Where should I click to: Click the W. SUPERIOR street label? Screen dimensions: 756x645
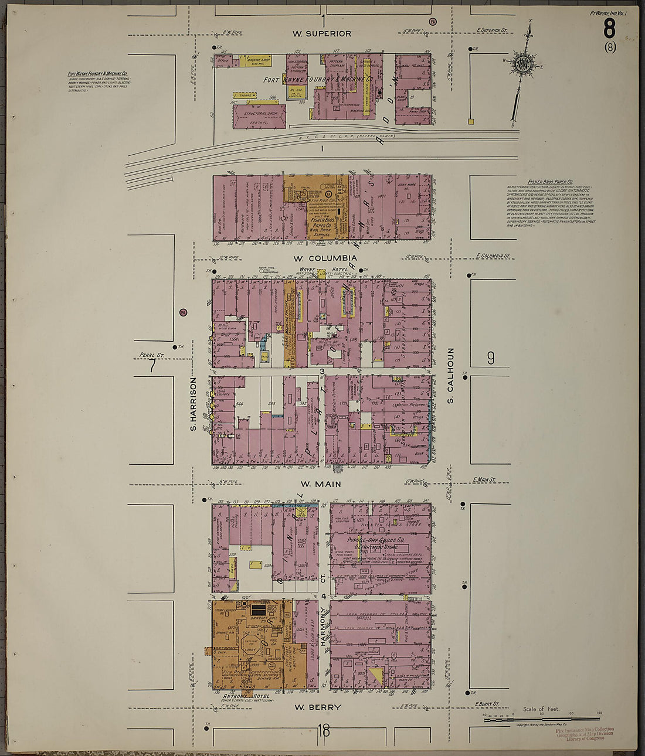pyautogui.click(x=322, y=34)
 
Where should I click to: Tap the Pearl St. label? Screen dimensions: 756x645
pyautogui.click(x=151, y=355)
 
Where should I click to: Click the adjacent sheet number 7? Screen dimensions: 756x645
pyautogui.click(x=152, y=367)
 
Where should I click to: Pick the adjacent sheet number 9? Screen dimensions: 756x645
pyautogui.click(x=491, y=357)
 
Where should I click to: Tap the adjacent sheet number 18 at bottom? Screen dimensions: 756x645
pyautogui.click(x=324, y=730)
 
